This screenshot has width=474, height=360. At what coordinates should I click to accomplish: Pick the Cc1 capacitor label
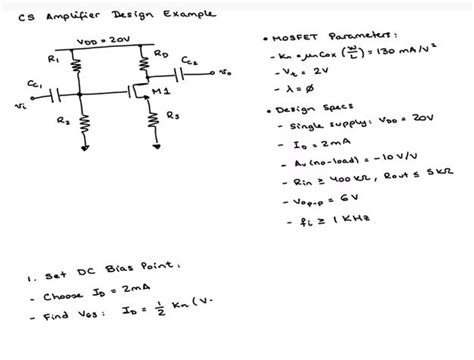[x=34, y=84]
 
